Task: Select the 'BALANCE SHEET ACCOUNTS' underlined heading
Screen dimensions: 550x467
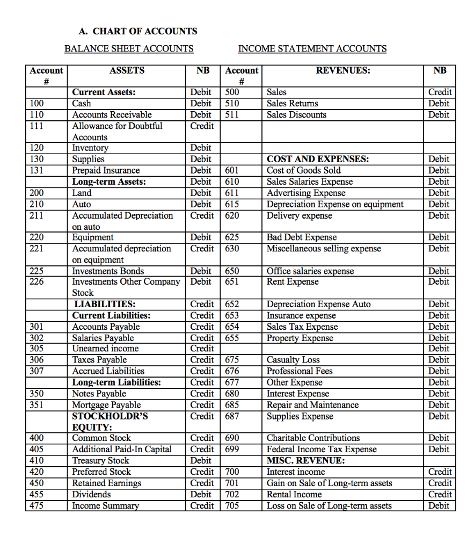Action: point(129,49)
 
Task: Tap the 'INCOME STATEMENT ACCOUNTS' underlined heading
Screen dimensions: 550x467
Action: point(312,49)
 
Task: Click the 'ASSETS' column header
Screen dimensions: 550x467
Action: point(127,70)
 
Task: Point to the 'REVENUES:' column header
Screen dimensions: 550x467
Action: point(343,70)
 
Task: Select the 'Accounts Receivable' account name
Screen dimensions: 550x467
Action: point(112,114)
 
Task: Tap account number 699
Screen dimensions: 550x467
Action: point(231,449)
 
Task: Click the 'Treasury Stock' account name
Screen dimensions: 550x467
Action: point(101,460)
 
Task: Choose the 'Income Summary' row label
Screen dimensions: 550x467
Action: point(105,505)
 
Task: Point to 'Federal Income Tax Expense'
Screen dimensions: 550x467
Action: point(322,449)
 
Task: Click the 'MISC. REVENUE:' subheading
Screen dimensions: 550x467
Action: point(305,460)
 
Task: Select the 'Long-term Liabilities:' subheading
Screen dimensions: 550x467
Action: point(116,382)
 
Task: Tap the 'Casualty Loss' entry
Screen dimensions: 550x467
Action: point(293,360)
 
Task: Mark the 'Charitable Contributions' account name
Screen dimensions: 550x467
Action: point(313,438)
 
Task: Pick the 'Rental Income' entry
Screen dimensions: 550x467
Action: point(294,494)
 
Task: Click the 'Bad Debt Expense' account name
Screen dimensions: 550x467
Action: point(302,237)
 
